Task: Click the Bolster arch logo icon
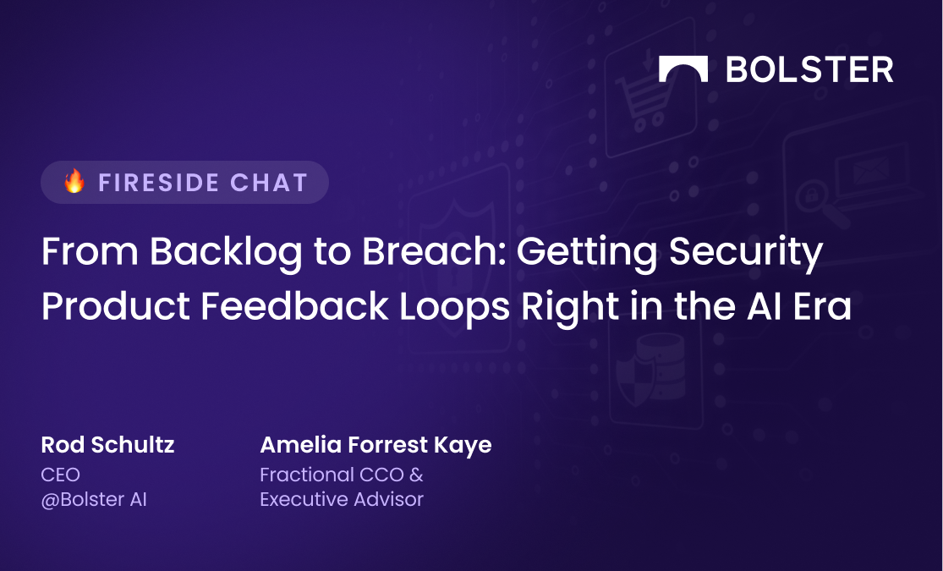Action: click(683, 69)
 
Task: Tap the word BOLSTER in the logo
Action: click(809, 69)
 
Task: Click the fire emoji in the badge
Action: click(75, 181)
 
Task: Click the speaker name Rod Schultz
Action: click(107, 445)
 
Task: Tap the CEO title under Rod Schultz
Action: click(60, 475)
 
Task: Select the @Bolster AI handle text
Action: click(94, 500)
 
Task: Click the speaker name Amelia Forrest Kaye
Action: click(376, 445)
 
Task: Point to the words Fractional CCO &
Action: click(342, 475)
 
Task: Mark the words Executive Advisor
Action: click(342, 500)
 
